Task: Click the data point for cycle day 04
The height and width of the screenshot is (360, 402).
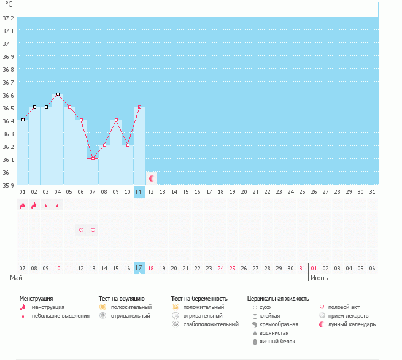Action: [58, 94]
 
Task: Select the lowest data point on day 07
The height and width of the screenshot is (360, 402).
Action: [93, 158]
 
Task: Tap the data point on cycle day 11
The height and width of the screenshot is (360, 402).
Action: [139, 107]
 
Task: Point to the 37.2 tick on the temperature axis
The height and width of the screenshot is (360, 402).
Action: [9, 18]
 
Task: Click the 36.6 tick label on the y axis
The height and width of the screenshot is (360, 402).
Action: [9, 95]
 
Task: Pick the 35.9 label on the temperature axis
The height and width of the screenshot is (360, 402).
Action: [9, 185]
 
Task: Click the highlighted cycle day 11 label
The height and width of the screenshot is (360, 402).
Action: [139, 192]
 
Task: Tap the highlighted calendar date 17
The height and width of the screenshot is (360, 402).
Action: [139, 268]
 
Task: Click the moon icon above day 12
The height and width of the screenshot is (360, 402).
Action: [151, 178]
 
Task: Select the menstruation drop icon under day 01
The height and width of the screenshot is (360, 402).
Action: [23, 205]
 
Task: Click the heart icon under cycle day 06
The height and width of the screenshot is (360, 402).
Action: [81, 230]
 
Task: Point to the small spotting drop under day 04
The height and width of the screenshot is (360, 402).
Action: [58, 205]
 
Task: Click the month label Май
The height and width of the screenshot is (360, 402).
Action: [17, 278]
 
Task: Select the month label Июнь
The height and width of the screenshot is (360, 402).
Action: [319, 278]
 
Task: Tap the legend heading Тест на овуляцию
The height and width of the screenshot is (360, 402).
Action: [122, 298]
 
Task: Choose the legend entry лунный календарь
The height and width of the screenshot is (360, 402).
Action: [352, 324]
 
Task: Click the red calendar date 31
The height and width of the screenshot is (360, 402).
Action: [302, 268]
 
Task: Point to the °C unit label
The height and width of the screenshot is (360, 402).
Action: [8, 4]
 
